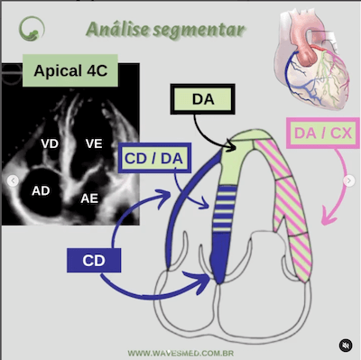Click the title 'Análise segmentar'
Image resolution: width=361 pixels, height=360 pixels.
coord(165,29)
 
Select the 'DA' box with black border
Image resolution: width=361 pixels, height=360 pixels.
coord(202,99)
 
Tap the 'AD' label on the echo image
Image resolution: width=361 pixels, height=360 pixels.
coord(41,191)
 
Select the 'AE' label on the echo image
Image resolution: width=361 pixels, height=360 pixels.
coord(90,198)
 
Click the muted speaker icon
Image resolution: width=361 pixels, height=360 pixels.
coord(345,345)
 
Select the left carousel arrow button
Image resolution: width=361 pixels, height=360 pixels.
coord(13,180)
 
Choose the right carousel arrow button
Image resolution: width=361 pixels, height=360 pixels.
coord(349,180)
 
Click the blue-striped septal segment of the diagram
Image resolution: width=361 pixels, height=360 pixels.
coord(219,217)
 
